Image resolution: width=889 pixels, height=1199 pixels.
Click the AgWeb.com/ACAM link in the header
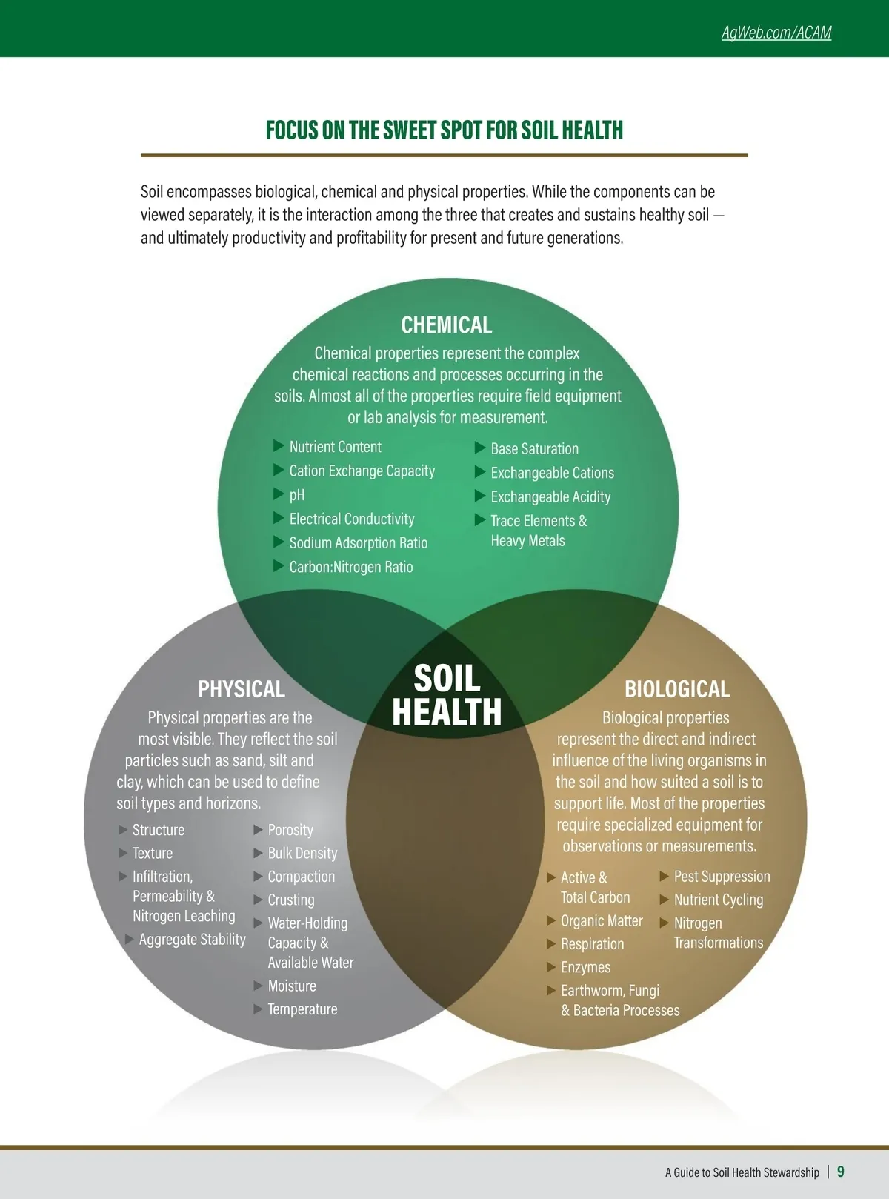776,33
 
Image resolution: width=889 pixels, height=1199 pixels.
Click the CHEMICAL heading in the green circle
446,325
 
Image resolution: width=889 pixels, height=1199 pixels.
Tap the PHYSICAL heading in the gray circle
242,689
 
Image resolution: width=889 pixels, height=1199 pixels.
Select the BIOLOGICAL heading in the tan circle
677,689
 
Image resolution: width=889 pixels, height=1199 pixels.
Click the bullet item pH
296,495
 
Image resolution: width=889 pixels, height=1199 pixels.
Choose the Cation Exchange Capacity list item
362,471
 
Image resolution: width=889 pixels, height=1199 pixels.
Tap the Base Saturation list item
534,449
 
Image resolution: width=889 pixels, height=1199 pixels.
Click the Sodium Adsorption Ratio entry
358,543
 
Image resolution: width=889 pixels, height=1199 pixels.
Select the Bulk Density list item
302,854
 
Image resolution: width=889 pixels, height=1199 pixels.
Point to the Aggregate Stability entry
192,940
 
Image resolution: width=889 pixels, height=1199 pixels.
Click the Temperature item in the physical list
302,1009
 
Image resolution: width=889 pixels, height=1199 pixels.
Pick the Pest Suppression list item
722,877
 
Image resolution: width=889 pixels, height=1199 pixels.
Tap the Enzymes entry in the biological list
585,967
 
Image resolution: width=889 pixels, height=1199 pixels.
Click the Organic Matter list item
602,921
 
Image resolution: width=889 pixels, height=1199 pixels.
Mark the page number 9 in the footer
841,1172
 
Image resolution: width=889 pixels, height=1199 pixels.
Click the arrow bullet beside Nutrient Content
279,445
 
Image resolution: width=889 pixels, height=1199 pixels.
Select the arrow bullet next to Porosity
259,830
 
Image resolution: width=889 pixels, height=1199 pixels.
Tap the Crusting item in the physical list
290,900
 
